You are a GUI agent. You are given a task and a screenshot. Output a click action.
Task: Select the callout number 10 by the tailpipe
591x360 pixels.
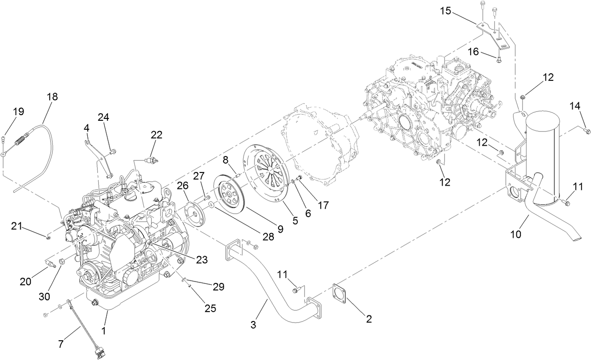pos(515,234)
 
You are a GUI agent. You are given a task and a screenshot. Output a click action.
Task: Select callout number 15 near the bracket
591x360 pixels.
pos(445,11)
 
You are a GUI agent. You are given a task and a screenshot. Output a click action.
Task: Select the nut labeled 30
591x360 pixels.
pos(61,261)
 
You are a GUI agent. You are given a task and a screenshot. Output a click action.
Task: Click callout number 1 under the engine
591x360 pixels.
pos(103,331)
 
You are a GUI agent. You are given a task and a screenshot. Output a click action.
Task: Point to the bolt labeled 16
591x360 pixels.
pos(499,59)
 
